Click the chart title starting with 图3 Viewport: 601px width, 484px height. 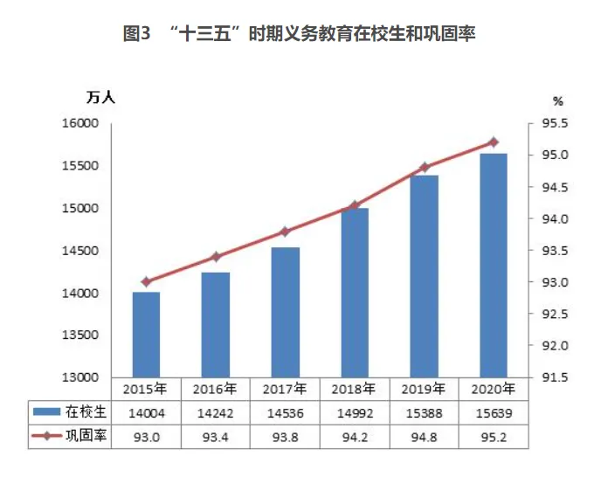click(x=300, y=34)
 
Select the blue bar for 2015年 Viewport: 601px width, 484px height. click(x=146, y=335)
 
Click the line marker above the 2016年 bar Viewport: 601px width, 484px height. click(x=216, y=257)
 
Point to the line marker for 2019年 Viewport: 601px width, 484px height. click(x=425, y=167)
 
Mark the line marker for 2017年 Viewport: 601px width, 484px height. click(x=286, y=232)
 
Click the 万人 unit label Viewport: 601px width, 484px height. click(x=100, y=98)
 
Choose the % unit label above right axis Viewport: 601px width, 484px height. click(x=559, y=101)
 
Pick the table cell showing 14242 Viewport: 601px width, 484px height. click(x=216, y=411)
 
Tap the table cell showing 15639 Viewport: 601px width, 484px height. click(x=494, y=411)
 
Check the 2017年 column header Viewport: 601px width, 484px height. click(x=286, y=387)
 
